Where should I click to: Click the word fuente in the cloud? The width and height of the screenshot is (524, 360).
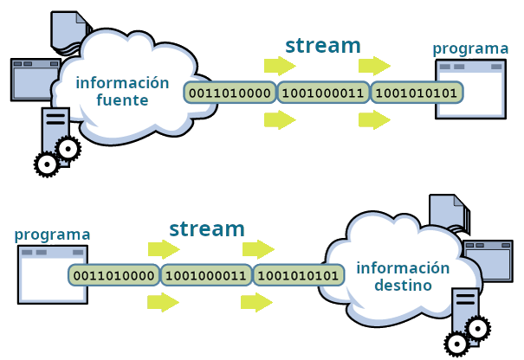(x=123, y=101)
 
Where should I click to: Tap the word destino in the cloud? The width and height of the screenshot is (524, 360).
(x=403, y=285)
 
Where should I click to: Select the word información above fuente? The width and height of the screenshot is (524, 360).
(x=122, y=83)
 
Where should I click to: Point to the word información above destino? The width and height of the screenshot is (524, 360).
(x=403, y=267)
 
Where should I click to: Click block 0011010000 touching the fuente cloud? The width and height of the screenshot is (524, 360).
(x=230, y=92)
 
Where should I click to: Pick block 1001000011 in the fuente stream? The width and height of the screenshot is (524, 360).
(x=323, y=92)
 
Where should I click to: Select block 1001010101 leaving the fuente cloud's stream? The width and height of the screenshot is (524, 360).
(x=417, y=92)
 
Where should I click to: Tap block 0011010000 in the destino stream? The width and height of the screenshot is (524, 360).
(x=114, y=275)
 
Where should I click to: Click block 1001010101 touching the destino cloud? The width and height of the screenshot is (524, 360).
(x=299, y=275)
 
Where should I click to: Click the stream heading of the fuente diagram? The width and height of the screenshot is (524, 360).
(x=323, y=45)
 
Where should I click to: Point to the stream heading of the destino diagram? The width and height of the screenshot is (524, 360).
(x=207, y=229)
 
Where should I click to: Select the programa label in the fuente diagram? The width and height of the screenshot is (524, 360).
(x=470, y=48)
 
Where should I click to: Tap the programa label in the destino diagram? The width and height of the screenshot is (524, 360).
(x=53, y=235)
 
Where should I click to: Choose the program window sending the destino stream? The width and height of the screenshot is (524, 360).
(x=53, y=273)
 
